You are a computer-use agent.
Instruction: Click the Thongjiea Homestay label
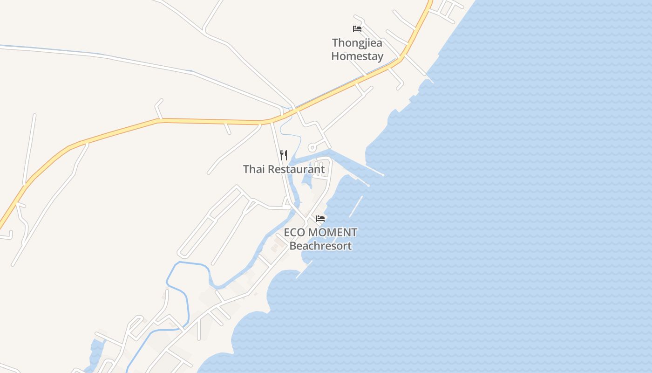click(x=357, y=49)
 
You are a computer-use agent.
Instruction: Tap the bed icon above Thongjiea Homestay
click(x=357, y=29)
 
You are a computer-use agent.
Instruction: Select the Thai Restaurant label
click(x=284, y=169)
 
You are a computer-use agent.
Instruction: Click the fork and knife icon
click(x=284, y=155)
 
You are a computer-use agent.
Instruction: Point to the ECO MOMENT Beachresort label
click(x=320, y=239)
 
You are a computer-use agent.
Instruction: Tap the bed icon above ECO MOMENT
click(x=320, y=218)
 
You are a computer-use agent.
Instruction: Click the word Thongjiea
click(x=357, y=43)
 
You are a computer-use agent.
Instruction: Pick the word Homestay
click(x=357, y=56)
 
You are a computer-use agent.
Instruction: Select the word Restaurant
click(x=297, y=169)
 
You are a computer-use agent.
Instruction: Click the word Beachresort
click(x=320, y=246)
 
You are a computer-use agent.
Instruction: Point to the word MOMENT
click(x=333, y=232)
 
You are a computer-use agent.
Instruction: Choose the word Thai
click(x=254, y=169)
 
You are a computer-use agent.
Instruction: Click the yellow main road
click(x=210, y=121)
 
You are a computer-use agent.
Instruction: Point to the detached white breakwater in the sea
click(x=356, y=207)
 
